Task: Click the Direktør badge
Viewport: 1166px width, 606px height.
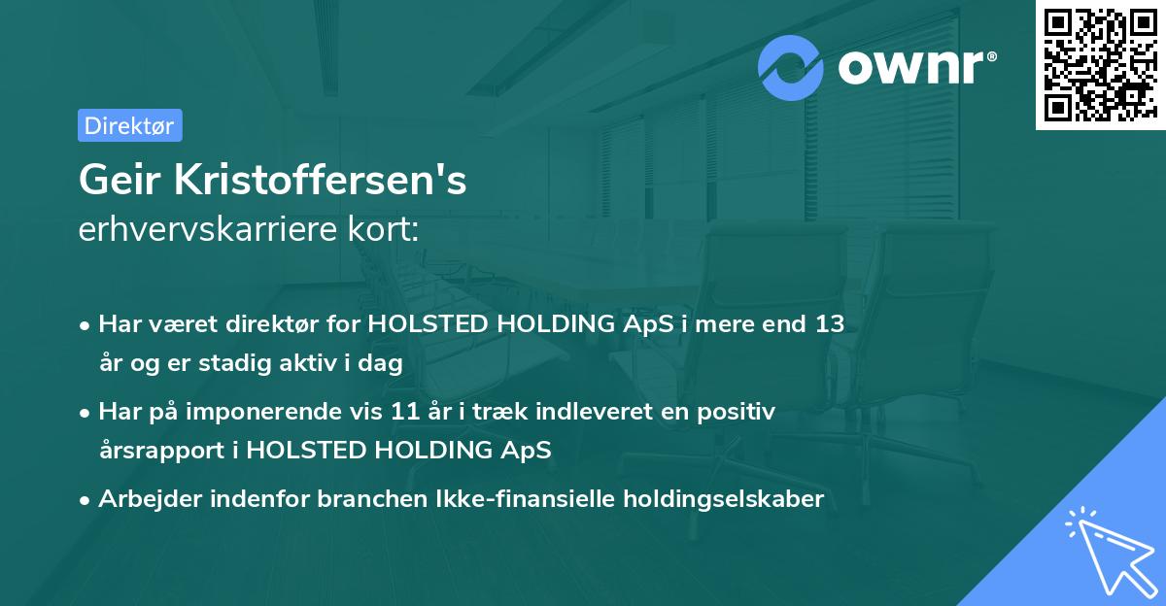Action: tap(129, 125)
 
